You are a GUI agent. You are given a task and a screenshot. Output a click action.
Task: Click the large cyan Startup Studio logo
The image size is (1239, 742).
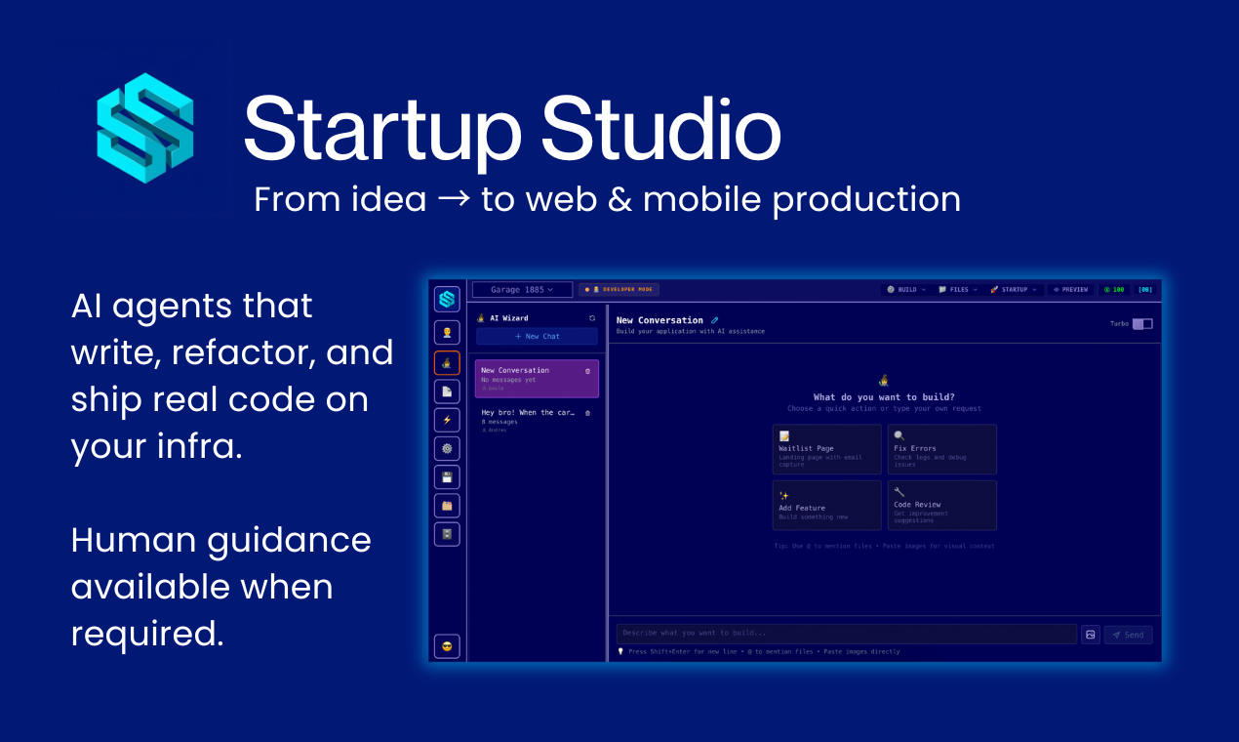[x=145, y=128]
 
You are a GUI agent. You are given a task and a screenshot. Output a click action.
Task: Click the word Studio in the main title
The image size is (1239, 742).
[x=660, y=131]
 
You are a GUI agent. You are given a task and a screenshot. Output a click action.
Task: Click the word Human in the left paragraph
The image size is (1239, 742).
[x=140, y=540]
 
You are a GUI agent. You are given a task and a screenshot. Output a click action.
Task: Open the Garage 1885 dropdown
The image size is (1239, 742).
[x=522, y=290]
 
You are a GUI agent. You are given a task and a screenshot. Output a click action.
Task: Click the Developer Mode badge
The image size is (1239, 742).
[x=619, y=290]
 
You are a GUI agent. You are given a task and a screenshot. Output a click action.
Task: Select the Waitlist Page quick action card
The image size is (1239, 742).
[x=826, y=449]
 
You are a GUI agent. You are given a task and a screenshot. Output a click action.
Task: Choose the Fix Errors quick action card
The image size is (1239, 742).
[x=941, y=449]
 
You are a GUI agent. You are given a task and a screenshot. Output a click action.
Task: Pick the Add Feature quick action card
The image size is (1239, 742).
[x=826, y=505]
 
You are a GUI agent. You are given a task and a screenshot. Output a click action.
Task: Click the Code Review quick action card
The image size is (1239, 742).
[x=941, y=505]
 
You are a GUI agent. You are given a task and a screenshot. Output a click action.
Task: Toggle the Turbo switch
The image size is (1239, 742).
[x=1141, y=324]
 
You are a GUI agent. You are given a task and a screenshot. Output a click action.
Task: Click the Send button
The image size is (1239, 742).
[x=1128, y=635]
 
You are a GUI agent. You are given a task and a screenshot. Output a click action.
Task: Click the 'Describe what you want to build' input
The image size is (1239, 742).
[x=846, y=635]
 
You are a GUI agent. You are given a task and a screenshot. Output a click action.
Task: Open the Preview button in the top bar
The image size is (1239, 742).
[x=1070, y=290]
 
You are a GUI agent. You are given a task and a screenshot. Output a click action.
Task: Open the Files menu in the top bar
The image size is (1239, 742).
[x=955, y=290]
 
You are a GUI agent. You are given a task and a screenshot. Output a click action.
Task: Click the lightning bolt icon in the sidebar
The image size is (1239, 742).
[x=447, y=420]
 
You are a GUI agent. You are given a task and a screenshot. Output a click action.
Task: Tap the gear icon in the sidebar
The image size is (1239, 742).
[x=447, y=448]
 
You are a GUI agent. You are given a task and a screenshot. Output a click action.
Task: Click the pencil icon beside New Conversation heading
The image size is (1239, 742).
[x=714, y=320]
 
